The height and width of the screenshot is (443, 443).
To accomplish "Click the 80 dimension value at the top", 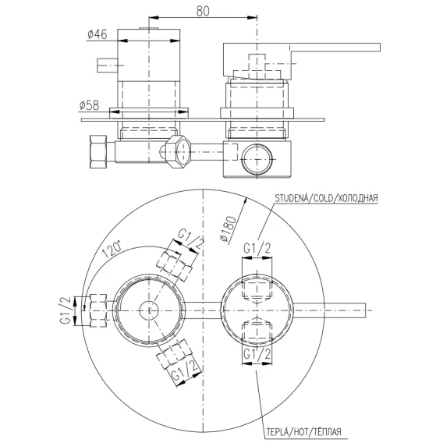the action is coord(203,11).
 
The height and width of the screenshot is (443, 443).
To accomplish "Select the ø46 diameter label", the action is coord(97,34).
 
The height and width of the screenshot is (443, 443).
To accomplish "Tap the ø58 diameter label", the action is coord(89,105).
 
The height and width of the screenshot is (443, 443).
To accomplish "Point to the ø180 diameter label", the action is coord(228,229).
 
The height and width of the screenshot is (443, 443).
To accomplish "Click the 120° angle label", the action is coord(112,250).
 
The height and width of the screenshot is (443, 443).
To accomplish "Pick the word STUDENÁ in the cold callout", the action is coord(291,198).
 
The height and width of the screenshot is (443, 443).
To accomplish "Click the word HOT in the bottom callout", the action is coord(303,432).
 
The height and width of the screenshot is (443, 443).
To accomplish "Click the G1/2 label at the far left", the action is coord(66,310).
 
